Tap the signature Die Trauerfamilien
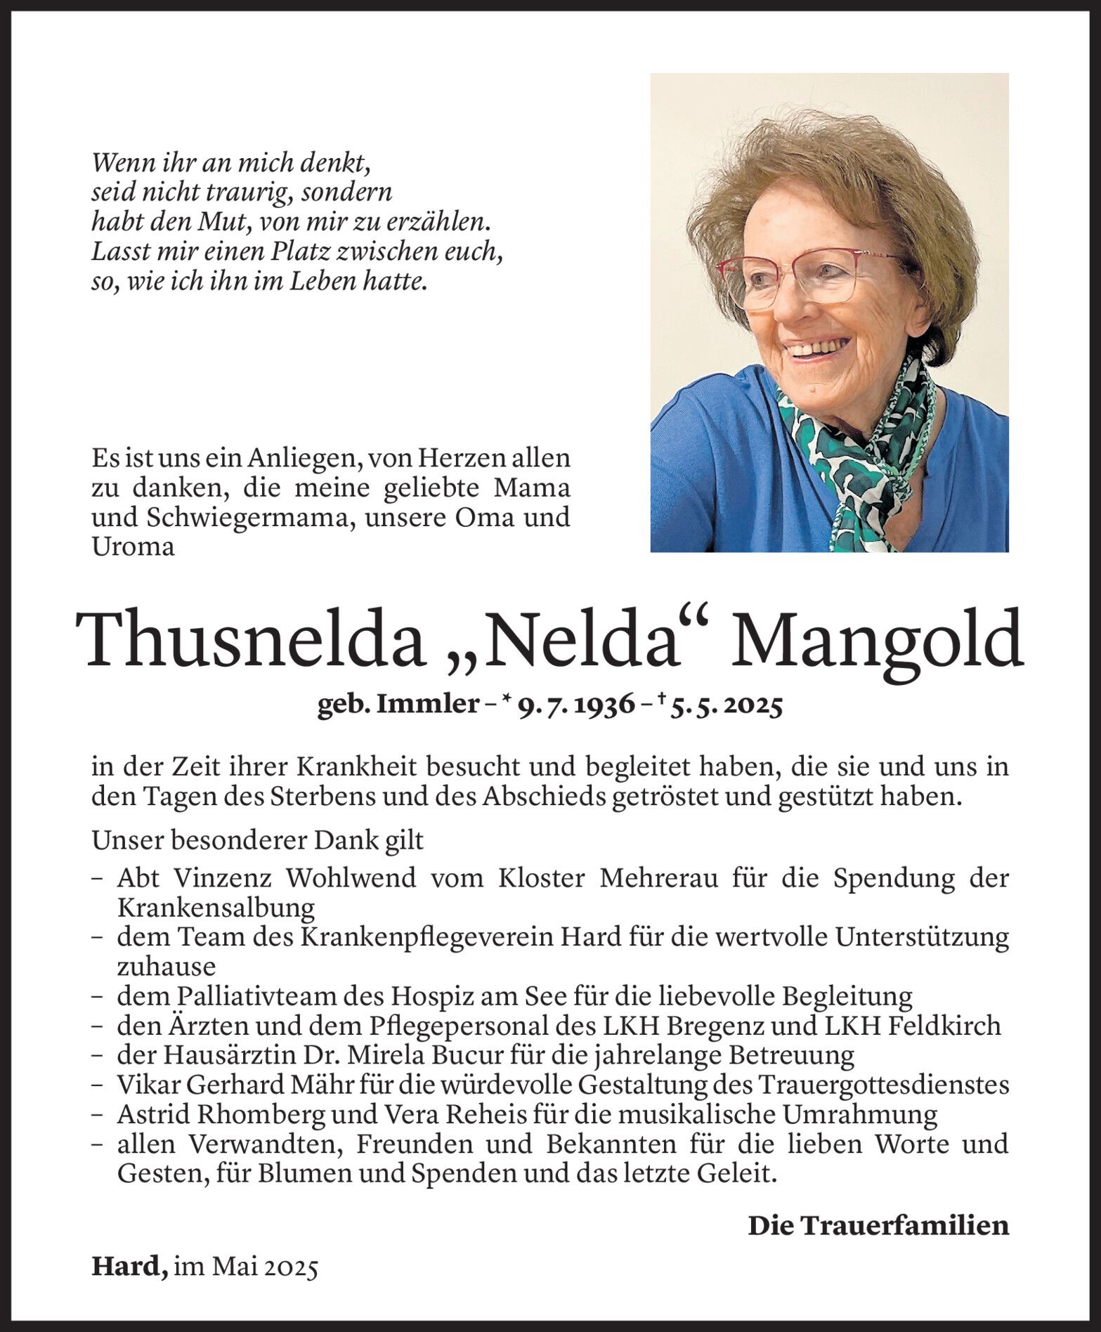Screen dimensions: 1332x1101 pos(878,1225)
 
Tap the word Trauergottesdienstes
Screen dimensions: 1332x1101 pos(882,1085)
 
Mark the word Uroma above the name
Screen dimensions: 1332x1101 pos(133,547)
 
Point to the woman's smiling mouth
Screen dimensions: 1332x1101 pos(816,346)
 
